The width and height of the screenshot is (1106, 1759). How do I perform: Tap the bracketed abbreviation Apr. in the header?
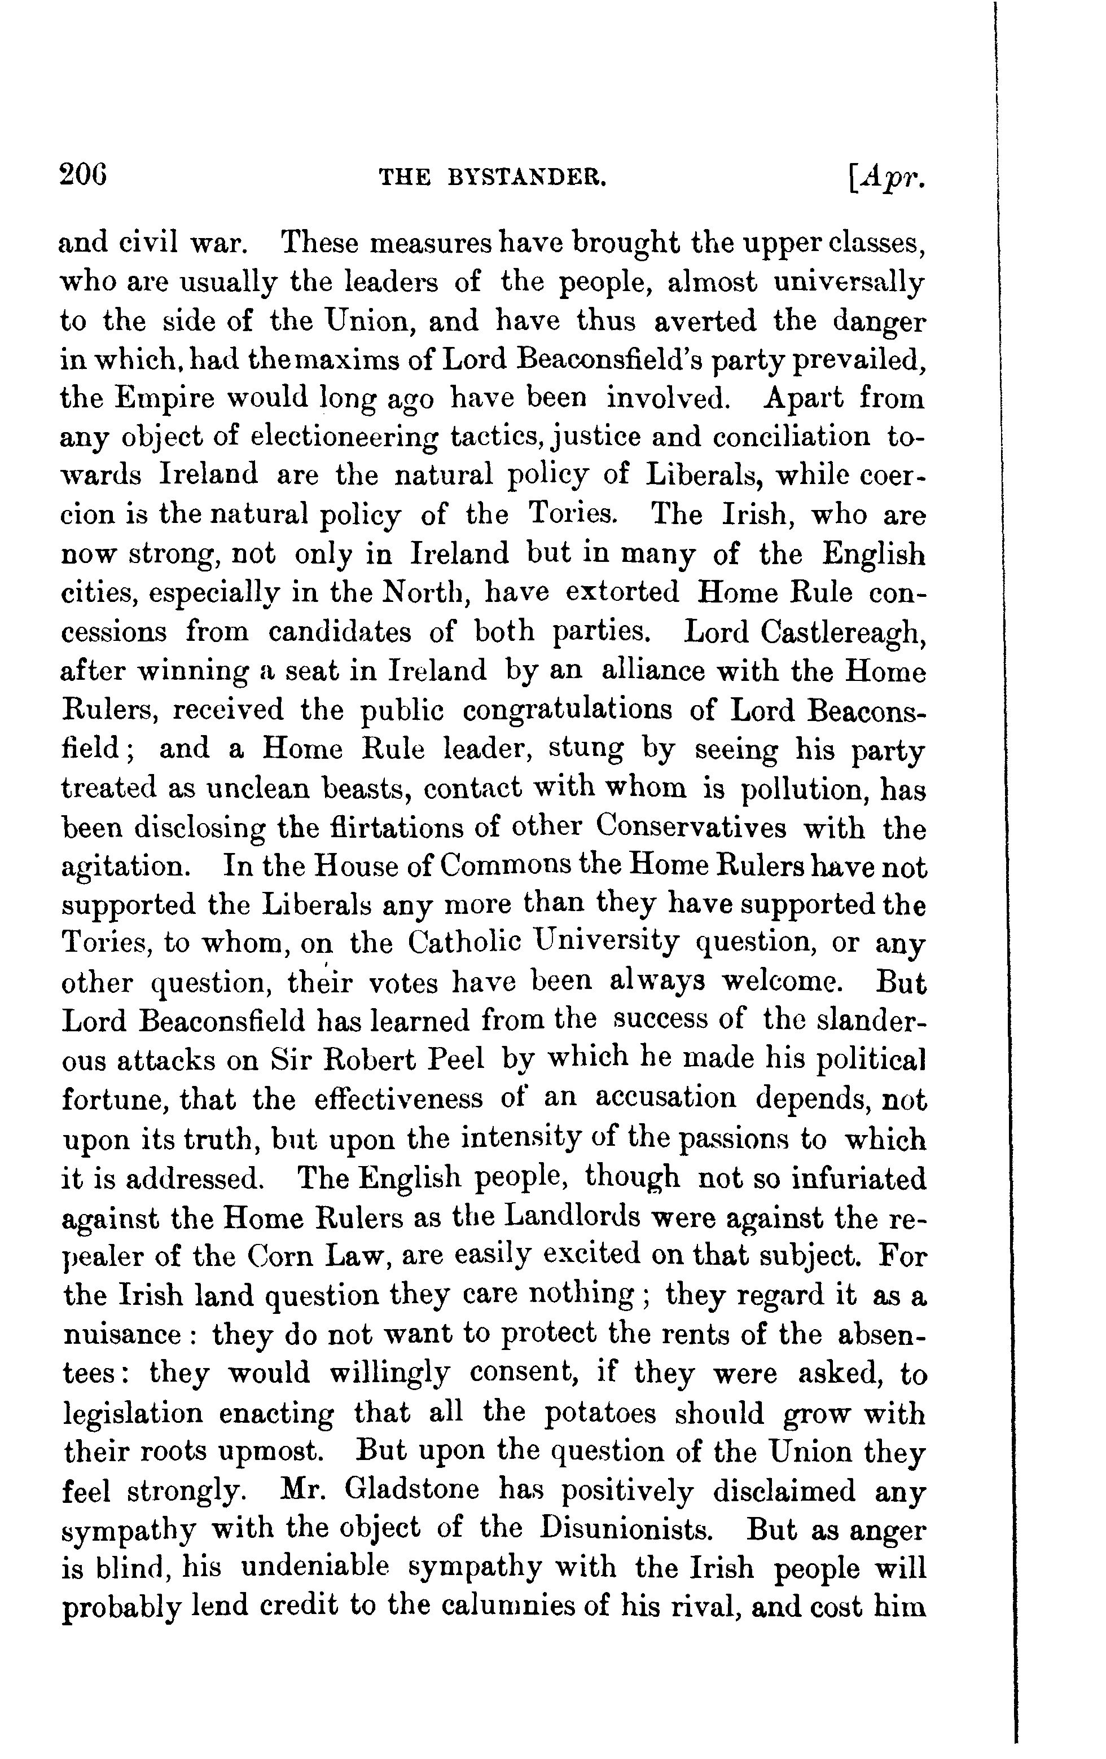887,178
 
